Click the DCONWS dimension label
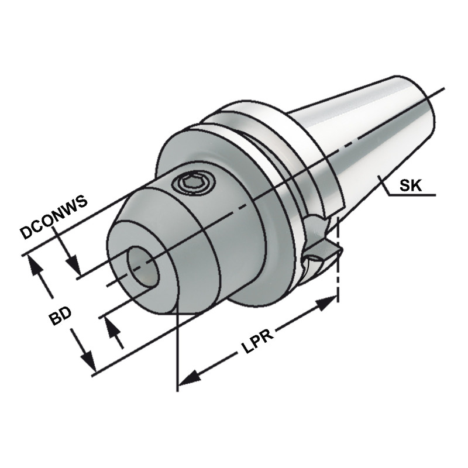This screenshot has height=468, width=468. point(53,217)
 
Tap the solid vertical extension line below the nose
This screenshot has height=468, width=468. point(176,351)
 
